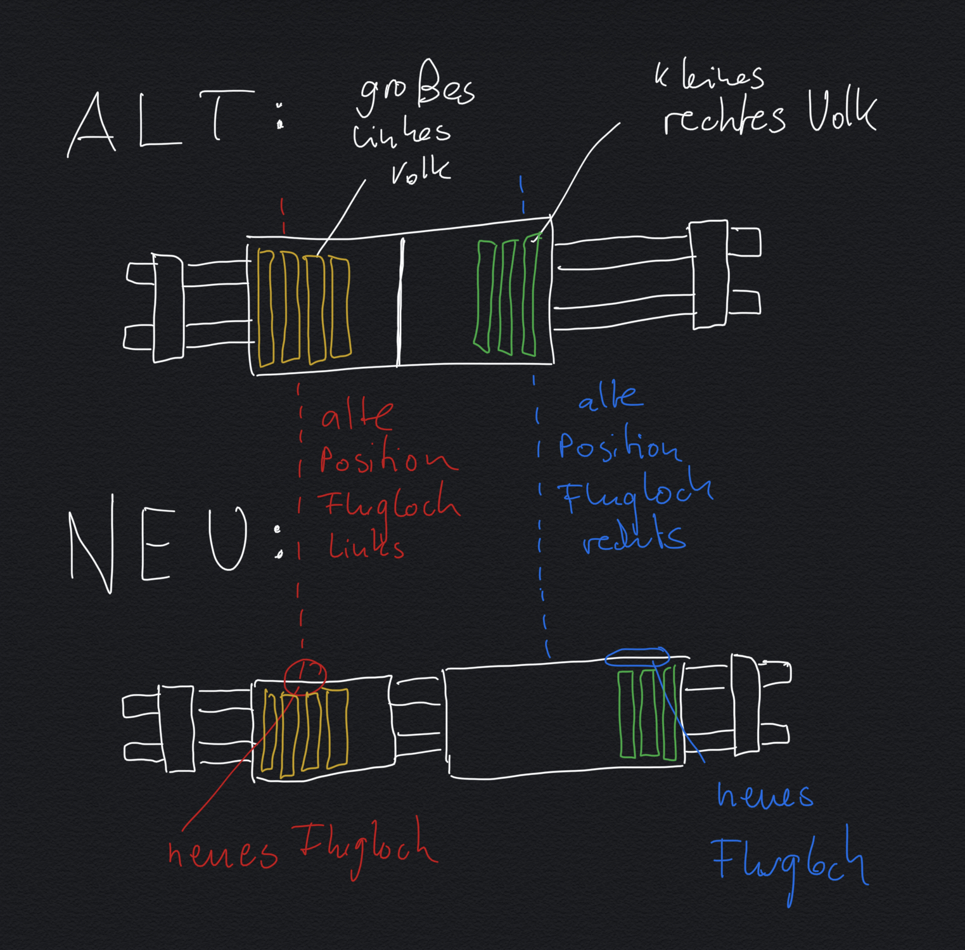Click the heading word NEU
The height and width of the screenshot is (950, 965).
pyautogui.click(x=158, y=545)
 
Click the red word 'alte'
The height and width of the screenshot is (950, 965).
pyautogui.click(x=356, y=416)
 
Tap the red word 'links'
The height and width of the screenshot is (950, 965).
pyautogui.click(x=366, y=546)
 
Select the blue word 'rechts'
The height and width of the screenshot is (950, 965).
pyautogui.click(x=634, y=539)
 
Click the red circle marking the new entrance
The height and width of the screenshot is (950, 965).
pyautogui.click(x=305, y=676)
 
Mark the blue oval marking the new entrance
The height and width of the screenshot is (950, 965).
pyautogui.click(x=637, y=657)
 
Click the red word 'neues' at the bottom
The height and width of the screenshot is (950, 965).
pyautogui.click(x=222, y=854)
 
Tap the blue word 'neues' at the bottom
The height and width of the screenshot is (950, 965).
pyautogui.click(x=765, y=796)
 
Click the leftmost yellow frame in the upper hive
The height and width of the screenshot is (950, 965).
pyautogui.click(x=266, y=308)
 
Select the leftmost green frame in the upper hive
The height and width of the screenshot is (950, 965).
pyautogui.click(x=485, y=295)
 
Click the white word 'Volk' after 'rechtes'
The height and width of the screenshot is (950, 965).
pyautogui.click(x=841, y=114)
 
